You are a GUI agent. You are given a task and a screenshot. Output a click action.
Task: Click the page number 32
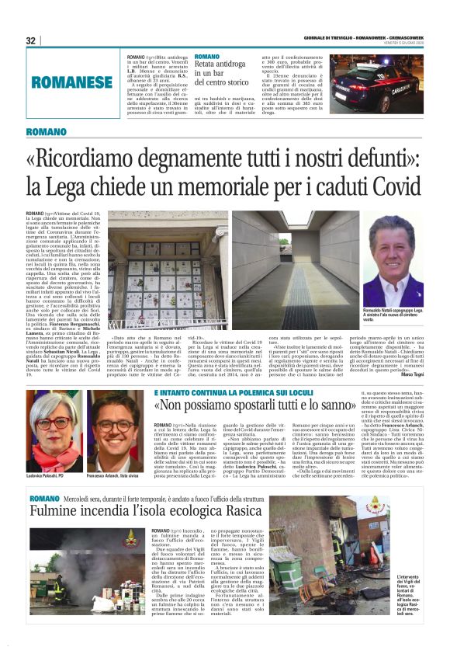(30, 40)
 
